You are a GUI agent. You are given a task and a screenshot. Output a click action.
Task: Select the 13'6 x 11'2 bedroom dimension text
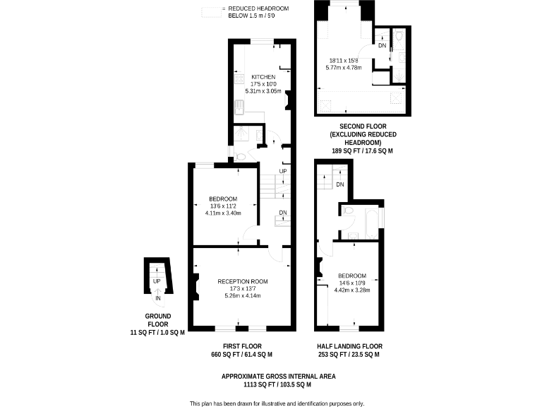(x=223, y=206)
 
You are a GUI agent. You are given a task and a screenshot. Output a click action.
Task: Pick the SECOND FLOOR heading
(x=363, y=126)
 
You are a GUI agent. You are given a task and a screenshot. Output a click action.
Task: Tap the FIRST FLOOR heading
(x=242, y=346)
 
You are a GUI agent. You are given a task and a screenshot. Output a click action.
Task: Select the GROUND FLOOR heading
(x=157, y=320)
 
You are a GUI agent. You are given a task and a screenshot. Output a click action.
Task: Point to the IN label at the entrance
(x=158, y=298)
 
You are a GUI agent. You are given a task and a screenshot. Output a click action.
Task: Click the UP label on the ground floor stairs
(x=157, y=281)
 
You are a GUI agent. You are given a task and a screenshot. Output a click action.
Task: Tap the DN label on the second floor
(x=383, y=46)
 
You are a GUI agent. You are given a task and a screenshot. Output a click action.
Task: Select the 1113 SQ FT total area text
(x=279, y=385)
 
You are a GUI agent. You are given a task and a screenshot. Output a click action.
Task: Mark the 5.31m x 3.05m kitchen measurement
(x=263, y=91)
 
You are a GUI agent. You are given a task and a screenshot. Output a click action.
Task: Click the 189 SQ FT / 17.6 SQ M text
(x=363, y=151)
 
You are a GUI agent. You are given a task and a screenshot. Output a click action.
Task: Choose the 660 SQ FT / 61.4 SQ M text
(x=242, y=355)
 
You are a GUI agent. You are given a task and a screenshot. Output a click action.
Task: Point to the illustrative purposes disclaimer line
(x=277, y=403)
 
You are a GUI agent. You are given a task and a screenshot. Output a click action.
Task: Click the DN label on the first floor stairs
(x=283, y=213)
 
